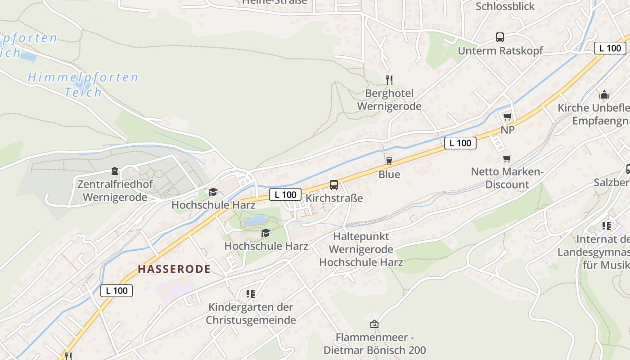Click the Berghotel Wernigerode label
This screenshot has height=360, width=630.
[x=389, y=100]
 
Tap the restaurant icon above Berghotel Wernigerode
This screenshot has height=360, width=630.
[x=389, y=80]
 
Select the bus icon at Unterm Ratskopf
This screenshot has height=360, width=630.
[x=500, y=37]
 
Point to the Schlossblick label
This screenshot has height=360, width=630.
[x=505, y=6]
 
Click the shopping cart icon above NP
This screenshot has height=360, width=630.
[x=507, y=117]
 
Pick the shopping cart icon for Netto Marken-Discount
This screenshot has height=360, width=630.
[x=507, y=159]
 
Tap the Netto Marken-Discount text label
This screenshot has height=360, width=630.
[x=507, y=178]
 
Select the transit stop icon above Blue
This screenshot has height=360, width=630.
[x=389, y=161]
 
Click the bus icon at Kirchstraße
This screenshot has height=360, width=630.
[x=334, y=184]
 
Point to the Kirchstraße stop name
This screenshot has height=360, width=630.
[x=334, y=198]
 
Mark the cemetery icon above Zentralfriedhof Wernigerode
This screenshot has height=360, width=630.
[x=115, y=171]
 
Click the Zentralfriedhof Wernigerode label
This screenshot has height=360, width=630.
[x=115, y=191]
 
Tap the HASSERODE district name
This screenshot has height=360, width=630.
[x=174, y=269]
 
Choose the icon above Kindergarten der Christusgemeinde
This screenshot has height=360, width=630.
[x=251, y=294]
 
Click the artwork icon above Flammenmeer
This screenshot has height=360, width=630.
[x=374, y=324]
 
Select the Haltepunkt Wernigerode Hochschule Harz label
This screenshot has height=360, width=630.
[x=361, y=249]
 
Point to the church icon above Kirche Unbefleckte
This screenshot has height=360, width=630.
[x=604, y=94]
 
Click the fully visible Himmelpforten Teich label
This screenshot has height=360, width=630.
[x=83, y=85]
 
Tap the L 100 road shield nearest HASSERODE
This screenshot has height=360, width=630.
[x=117, y=291]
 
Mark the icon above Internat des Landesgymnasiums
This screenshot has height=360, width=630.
[x=606, y=226]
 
